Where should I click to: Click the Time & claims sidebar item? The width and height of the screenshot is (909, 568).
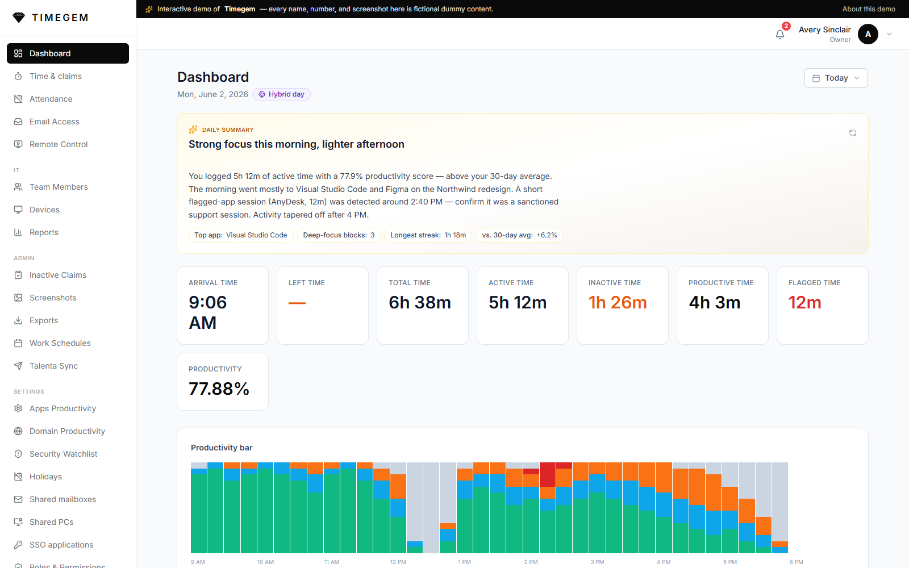coord(56,76)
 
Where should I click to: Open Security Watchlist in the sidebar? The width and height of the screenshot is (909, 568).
coord(63,454)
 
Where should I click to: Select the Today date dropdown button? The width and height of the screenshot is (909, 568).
coord(836,78)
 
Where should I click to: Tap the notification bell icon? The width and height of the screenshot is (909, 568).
coord(780,35)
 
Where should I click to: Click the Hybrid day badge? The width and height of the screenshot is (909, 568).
coord(281,94)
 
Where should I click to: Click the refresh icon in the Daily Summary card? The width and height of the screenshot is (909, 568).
coord(853,133)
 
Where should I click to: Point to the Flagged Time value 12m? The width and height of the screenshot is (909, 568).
coord(804,303)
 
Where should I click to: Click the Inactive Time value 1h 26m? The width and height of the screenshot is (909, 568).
coord(617,303)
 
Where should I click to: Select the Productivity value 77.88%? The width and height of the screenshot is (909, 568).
coord(219,389)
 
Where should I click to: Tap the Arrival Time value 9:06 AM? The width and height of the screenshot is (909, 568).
coord(208,312)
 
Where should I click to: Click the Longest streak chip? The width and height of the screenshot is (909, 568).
coord(428,235)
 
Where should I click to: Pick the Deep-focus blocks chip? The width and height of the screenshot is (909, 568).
coord(339,235)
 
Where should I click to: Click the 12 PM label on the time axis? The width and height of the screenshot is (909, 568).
coord(398,562)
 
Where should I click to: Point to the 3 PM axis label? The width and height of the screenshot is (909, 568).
coord(597,562)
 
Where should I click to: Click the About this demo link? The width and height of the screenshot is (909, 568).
coord(869,9)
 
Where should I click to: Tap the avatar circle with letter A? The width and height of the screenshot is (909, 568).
coord(868,34)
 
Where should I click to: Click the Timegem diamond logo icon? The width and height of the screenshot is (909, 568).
coord(19,18)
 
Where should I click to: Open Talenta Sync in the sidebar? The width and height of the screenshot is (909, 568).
coord(53,366)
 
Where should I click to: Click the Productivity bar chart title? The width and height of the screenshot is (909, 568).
coord(222,448)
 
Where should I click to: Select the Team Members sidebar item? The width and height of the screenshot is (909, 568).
coord(59,187)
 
